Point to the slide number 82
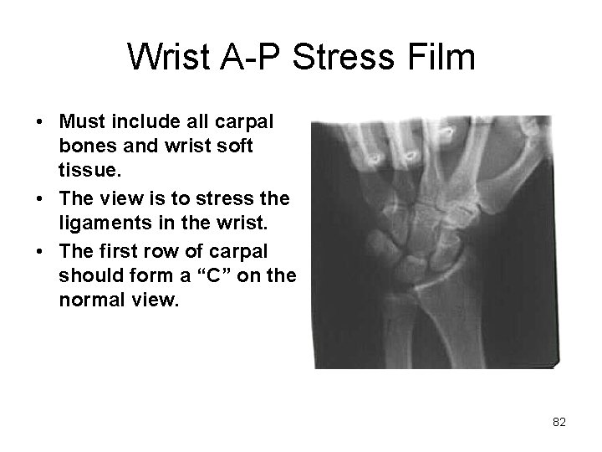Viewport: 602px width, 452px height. pos(559,423)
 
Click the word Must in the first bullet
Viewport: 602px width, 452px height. pos(78,122)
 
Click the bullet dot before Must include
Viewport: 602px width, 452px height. pos(40,123)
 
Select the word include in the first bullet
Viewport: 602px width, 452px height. pos(141,122)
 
